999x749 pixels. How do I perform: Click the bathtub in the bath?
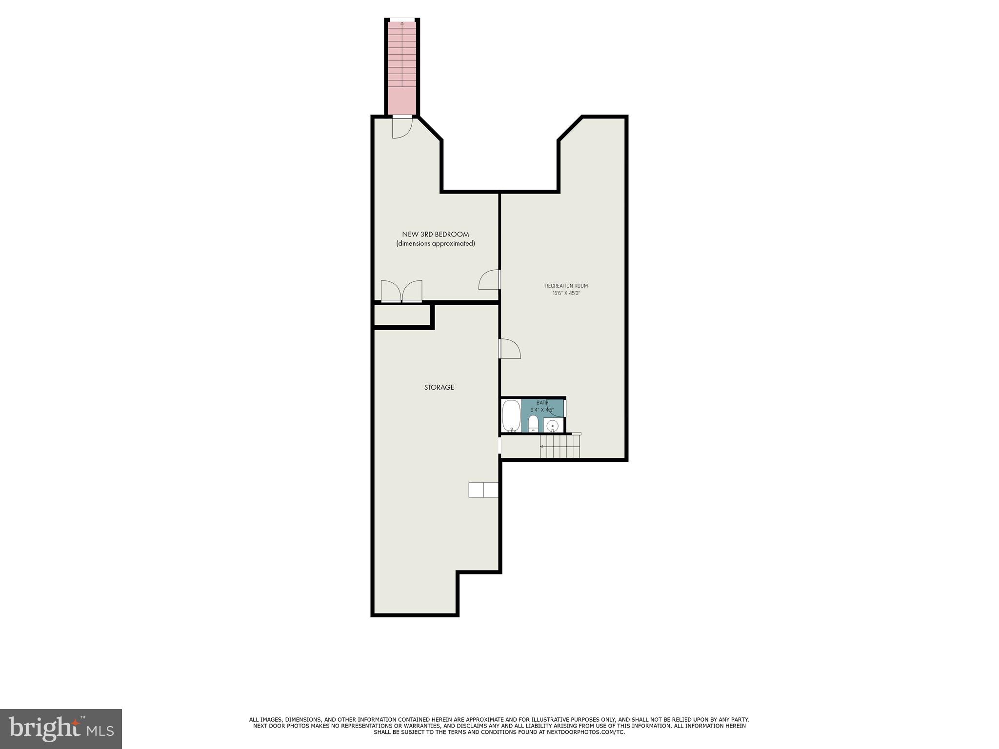click(x=511, y=416)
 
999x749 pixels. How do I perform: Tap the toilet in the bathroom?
click(x=533, y=423)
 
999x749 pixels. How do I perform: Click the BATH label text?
click(x=542, y=403)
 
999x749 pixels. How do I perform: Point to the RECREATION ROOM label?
click(x=566, y=286)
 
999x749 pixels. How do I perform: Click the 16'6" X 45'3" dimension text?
click(x=566, y=294)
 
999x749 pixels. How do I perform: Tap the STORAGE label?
click(x=439, y=387)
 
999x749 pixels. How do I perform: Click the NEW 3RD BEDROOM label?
click(x=436, y=235)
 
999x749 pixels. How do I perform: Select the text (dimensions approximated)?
click(x=436, y=243)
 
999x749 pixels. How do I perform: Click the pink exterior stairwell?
click(x=402, y=68)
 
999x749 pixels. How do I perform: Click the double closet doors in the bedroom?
click(x=401, y=292)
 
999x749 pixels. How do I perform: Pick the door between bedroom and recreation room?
click(x=490, y=280)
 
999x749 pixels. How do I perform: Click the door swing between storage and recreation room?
click(x=510, y=348)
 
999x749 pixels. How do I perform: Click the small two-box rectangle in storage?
click(x=483, y=490)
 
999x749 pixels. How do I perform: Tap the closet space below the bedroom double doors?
click(x=402, y=315)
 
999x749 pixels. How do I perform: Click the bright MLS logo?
click(x=61, y=729)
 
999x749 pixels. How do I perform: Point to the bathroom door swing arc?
click(x=555, y=409)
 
